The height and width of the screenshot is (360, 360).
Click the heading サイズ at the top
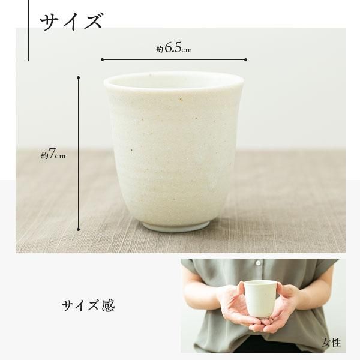pos(71,21)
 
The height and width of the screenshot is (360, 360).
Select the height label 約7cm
pos(53,155)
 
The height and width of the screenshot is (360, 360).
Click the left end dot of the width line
pos(102,59)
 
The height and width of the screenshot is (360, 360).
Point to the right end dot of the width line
pos(246,59)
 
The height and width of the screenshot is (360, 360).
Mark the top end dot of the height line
pos(79,77)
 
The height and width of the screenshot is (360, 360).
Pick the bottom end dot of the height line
pos(79,229)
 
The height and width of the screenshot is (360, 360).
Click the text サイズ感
pos(88,306)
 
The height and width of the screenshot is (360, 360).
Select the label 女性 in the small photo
pos(331,343)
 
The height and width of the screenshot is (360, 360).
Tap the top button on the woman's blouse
pos(259,262)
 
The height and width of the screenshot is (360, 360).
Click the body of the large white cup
pos(174,150)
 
